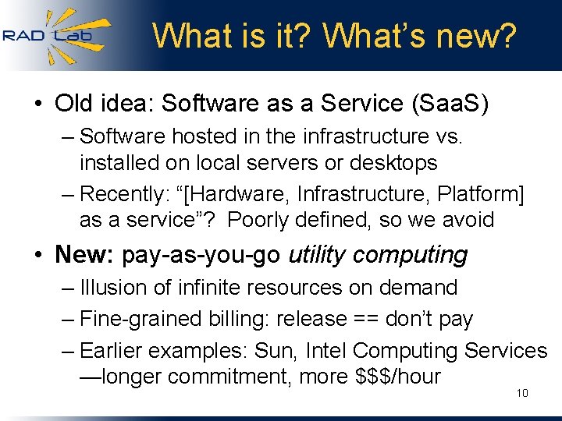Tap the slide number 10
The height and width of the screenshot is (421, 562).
tap(522, 393)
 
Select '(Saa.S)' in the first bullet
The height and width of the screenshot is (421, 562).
tap(443, 104)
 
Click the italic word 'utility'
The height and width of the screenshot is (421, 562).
tap(320, 254)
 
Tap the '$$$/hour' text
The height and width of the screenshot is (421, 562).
tap(398, 377)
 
